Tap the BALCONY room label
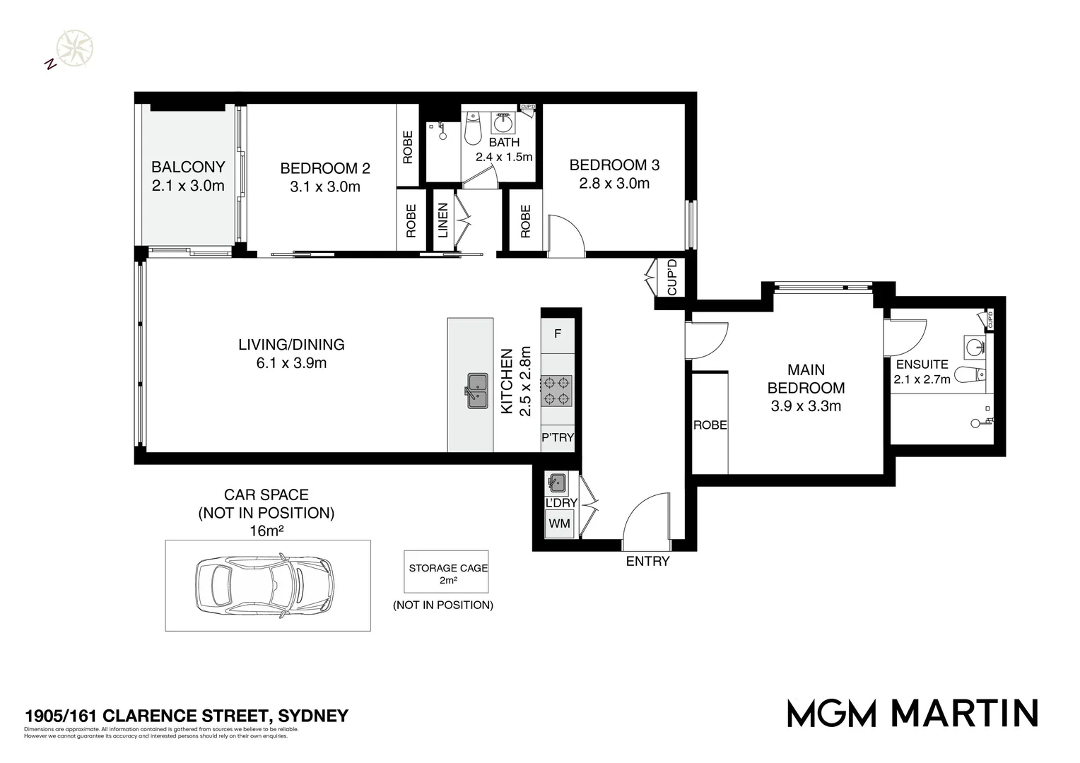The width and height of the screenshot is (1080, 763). coord(188,167)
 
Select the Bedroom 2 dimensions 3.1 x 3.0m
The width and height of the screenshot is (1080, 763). coord(325,187)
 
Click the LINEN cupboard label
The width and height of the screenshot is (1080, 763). coord(442,220)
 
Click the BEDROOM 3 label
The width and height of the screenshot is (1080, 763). coord(614,165)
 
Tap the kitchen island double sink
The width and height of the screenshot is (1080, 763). coord(478,391)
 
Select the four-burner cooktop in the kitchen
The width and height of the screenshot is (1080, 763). coord(557,391)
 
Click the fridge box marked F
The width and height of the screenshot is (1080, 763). coord(558,333)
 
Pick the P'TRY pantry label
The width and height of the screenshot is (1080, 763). coord(558,437)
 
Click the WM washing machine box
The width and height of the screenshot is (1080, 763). coord(559,524)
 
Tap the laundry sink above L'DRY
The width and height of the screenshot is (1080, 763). coord(556,483)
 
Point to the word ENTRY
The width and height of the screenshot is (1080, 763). coord(647,561)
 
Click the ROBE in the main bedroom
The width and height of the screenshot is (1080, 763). coord(710,425)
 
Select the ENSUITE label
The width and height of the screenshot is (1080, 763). coord(922,365)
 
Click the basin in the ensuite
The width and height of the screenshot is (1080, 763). coord(978,347)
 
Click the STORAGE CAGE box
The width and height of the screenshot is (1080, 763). coord(447,573)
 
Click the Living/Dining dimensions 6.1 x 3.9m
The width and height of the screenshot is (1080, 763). coord(291,363)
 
